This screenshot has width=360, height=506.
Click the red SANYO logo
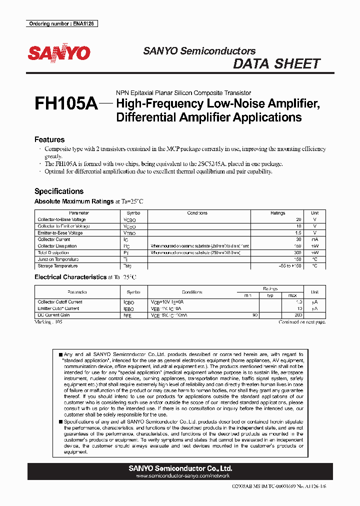pyautogui.click(x=58, y=53)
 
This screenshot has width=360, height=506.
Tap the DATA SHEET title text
pyautogui.click(x=276, y=64)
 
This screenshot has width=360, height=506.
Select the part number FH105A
pyautogui.click(x=65, y=104)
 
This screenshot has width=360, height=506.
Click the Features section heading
pyautogui.click(x=49, y=139)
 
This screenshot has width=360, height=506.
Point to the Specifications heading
pyautogui.click(x=58, y=191)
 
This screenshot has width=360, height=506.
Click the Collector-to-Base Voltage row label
pyautogui.click(x=61, y=219)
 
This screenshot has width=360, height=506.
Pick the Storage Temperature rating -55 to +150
pyautogui.click(x=290, y=266)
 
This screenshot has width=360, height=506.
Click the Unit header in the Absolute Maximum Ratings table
pyautogui.click(x=314, y=213)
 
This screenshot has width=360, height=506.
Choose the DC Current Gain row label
pyautogui.click(x=53, y=315)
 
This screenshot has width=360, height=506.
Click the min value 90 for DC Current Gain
pyautogui.click(x=254, y=315)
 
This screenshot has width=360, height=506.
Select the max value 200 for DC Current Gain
pyautogui.click(x=298, y=315)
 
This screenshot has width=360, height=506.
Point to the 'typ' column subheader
pyautogui.click(x=270, y=295)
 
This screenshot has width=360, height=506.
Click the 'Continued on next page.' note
pyautogui.click(x=308, y=322)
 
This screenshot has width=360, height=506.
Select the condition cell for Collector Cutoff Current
pyautogui.click(x=167, y=302)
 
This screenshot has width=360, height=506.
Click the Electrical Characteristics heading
pyautogui.click(x=70, y=276)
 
